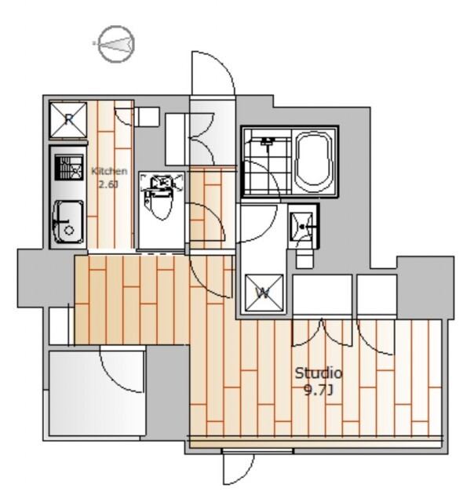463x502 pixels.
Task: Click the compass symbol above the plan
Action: tap(116, 44)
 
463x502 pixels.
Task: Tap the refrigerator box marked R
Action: tap(68, 120)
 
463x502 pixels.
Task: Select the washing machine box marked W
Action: tap(264, 293)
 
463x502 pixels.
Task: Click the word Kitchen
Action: tap(109, 171)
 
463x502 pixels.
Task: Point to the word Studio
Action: tap(319, 373)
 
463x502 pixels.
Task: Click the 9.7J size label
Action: tap(319, 391)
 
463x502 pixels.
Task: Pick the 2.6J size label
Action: tap(108, 185)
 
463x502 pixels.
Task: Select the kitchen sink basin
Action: tap(68, 222)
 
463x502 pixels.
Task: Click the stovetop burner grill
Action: tap(69, 167)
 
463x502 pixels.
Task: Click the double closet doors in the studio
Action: tap(322, 333)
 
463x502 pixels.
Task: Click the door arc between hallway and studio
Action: tap(205, 282)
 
